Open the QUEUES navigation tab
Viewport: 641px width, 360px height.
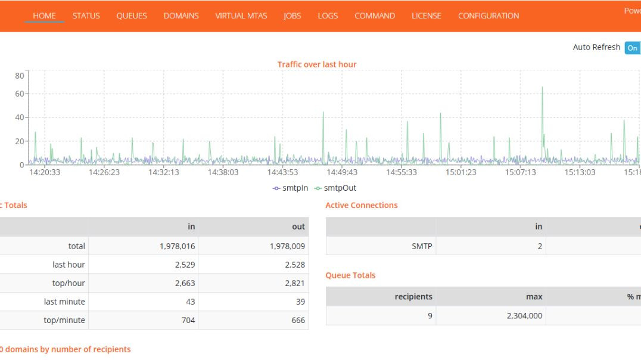[132, 15]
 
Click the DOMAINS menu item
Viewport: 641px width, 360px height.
[181, 15]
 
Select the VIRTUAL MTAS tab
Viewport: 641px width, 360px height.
[241, 15]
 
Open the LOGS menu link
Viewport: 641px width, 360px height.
[328, 15]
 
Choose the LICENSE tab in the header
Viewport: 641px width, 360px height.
[426, 15]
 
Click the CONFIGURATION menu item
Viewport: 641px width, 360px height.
[488, 15]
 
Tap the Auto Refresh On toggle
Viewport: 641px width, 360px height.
[632, 48]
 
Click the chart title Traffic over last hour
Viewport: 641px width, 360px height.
[317, 64]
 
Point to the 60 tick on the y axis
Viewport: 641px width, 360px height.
[20, 94]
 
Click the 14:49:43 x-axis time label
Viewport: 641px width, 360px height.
[342, 172]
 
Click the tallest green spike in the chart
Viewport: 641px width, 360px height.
[542, 88]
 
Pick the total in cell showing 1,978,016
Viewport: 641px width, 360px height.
[177, 246]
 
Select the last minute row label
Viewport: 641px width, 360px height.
[64, 302]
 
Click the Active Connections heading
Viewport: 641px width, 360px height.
[361, 205]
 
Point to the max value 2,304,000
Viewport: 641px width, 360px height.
[525, 315]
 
